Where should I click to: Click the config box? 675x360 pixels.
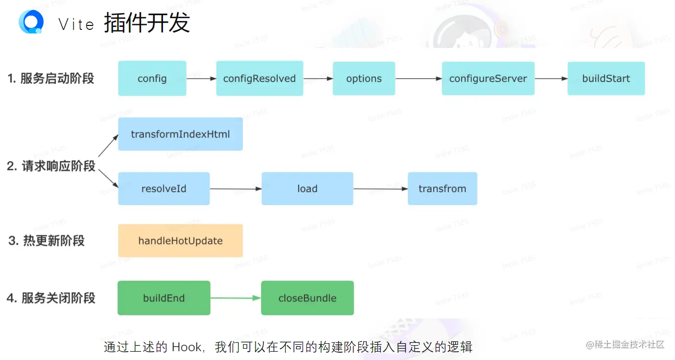152,78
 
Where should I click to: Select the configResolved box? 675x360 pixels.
259,78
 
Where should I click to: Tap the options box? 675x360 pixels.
364,78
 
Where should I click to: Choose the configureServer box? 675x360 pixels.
488,78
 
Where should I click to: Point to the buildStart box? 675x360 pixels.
606,78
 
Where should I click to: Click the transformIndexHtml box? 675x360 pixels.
180,134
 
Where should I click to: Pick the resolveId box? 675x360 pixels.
163,189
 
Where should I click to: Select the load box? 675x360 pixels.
307,189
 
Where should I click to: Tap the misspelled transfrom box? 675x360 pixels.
442,189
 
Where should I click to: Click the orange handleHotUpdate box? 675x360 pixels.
180,240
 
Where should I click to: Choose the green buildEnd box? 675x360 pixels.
163,298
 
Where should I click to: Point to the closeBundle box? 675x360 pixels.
307,298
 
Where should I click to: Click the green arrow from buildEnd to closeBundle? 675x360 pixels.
235,298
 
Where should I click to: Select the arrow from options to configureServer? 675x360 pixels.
419,78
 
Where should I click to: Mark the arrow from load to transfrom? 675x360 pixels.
380,189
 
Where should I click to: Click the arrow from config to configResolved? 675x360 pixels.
201,78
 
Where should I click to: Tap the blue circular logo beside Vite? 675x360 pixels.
31,22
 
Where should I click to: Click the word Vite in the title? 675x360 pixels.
76,24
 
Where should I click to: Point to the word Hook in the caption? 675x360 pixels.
186,347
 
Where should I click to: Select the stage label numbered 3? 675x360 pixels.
47,240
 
